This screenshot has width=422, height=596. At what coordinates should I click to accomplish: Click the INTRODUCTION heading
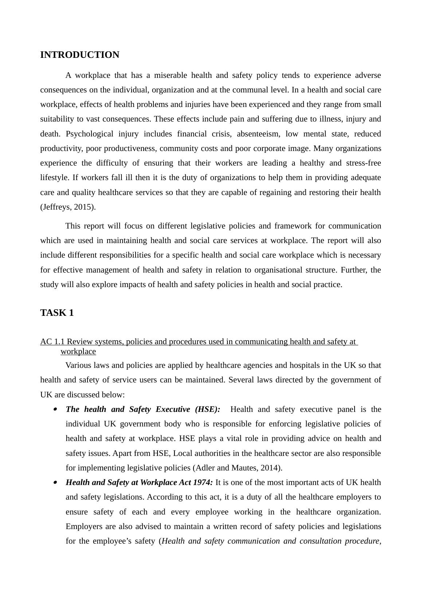79,55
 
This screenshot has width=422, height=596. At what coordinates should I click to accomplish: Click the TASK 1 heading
57,313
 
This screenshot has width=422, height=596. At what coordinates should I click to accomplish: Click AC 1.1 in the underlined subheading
52,342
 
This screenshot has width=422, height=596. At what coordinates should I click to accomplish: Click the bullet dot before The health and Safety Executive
55,409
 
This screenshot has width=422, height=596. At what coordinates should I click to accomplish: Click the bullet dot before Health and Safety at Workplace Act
55,482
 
